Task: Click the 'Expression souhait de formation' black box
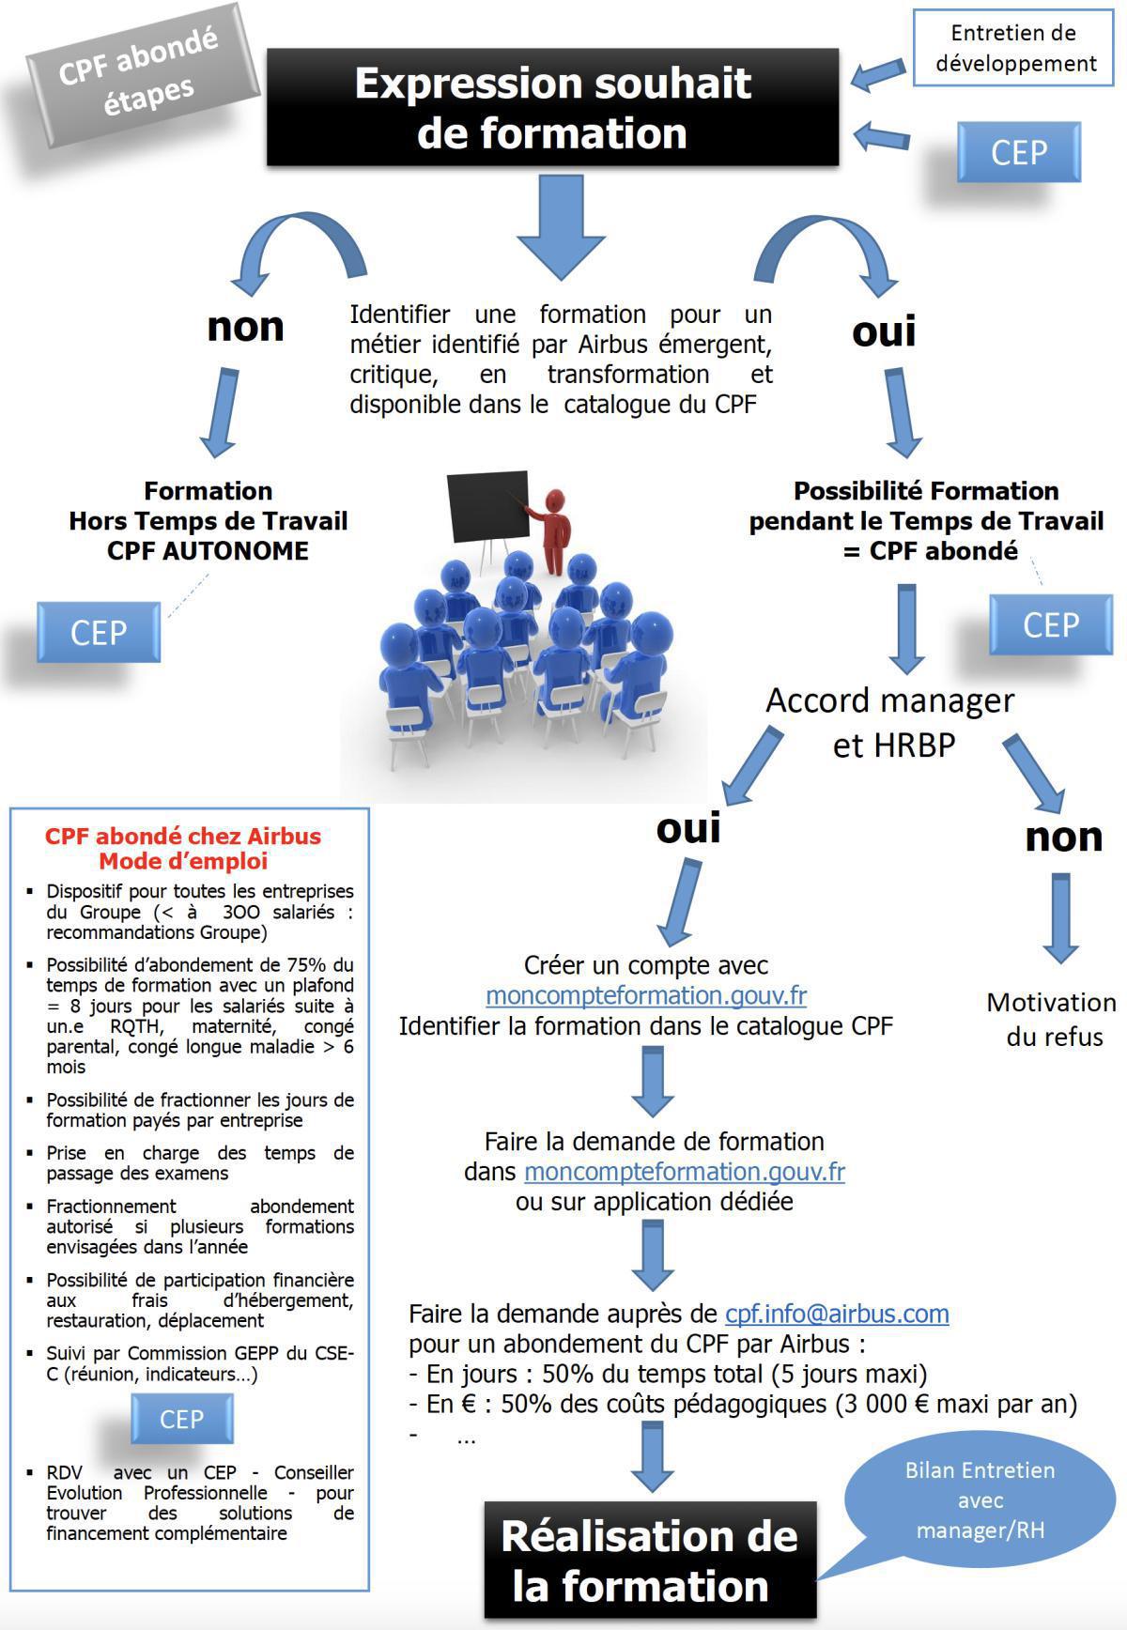[x=552, y=108]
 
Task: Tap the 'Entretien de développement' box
[x=1013, y=48]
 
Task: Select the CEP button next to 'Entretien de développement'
[x=1018, y=152]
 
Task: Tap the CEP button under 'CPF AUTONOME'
[x=99, y=633]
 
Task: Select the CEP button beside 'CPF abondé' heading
[x=1050, y=625]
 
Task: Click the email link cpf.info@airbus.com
[x=836, y=1314]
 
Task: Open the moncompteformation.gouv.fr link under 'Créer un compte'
[x=646, y=995]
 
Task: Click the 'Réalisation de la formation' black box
[x=649, y=1561]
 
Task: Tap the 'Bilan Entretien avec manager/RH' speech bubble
[x=980, y=1500]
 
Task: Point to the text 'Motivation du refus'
[x=1052, y=1020]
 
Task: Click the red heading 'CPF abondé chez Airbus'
[x=183, y=836]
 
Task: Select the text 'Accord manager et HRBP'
[x=890, y=723]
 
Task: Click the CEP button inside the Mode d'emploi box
[x=181, y=1419]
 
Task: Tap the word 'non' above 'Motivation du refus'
[x=1062, y=836]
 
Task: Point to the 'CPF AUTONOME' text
[x=208, y=551]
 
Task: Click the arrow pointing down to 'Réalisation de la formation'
[x=651, y=1456]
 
